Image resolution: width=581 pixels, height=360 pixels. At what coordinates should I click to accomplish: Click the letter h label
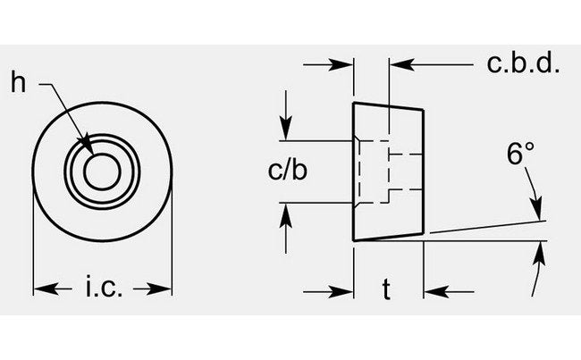[x=18, y=83]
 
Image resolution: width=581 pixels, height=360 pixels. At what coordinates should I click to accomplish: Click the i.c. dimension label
[x=104, y=289]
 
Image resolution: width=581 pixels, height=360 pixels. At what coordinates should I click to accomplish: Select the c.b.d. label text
[x=522, y=63]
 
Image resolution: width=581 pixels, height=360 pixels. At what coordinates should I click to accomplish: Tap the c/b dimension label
[x=288, y=171]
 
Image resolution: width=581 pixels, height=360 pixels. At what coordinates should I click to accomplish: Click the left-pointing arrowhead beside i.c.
[x=41, y=289]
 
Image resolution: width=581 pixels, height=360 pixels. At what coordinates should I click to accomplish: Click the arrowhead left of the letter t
[x=344, y=290]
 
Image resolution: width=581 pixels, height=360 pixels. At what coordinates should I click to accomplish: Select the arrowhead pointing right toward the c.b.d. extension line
[x=344, y=64]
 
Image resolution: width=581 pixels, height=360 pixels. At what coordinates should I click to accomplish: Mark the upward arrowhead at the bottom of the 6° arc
[x=541, y=254]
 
